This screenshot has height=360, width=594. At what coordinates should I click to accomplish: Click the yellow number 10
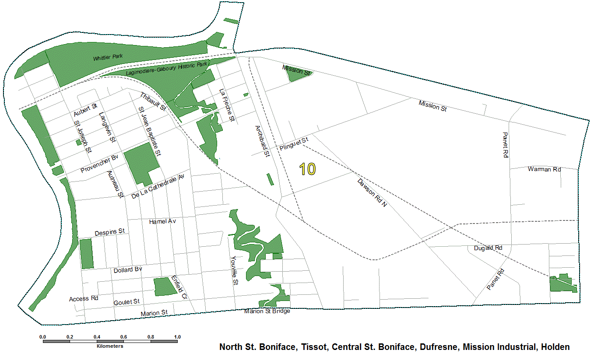click(308, 169)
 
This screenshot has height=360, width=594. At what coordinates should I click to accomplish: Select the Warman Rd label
click(544, 169)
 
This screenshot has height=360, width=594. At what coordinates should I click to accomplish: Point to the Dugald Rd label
click(488, 248)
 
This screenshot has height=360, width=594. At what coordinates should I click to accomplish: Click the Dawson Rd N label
click(372, 192)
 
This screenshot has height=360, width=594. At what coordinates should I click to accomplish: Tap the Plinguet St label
click(294, 143)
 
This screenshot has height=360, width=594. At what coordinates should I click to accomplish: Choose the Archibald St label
click(261, 142)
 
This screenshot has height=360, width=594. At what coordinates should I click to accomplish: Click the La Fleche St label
click(228, 105)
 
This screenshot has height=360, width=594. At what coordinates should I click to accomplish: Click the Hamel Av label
click(162, 222)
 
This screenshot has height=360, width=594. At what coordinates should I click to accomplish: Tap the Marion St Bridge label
click(267, 311)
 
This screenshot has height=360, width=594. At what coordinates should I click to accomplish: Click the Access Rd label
click(83, 299)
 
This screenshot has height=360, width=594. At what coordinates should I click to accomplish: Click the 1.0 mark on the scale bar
click(177, 337)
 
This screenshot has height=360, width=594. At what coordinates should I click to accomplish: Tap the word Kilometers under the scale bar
click(110, 346)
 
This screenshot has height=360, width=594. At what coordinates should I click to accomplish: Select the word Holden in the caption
click(555, 347)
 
